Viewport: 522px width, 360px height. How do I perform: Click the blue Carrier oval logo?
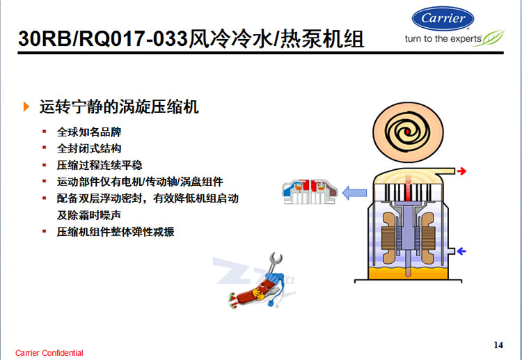click(x=443, y=19)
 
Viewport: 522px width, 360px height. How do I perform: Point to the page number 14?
click(x=498, y=345)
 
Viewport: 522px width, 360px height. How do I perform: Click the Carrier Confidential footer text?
click(x=49, y=353)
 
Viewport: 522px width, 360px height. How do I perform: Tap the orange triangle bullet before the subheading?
click(x=26, y=107)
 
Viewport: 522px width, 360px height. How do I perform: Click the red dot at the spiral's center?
click(x=408, y=132)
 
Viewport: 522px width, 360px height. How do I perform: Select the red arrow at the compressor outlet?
click(x=461, y=171)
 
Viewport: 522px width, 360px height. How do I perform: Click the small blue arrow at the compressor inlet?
click(x=461, y=251)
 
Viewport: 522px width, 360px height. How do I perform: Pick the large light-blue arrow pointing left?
click(x=354, y=193)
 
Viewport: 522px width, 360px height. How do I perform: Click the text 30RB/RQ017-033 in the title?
click(x=103, y=38)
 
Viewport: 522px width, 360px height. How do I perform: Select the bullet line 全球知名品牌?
click(x=89, y=132)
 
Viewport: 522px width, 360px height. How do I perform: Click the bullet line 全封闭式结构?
click(x=89, y=148)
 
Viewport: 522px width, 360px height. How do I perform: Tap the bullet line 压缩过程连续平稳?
click(x=100, y=165)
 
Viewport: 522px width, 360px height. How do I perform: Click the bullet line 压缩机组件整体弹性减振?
click(x=116, y=232)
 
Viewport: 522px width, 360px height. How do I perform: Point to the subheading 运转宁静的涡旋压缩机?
click(x=119, y=107)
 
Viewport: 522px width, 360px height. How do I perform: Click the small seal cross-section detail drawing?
click(x=310, y=191)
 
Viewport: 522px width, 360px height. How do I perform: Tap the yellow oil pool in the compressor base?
click(x=408, y=272)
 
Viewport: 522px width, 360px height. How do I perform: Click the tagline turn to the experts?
click(x=443, y=39)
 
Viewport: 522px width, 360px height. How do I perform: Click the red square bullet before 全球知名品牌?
click(x=45, y=132)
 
